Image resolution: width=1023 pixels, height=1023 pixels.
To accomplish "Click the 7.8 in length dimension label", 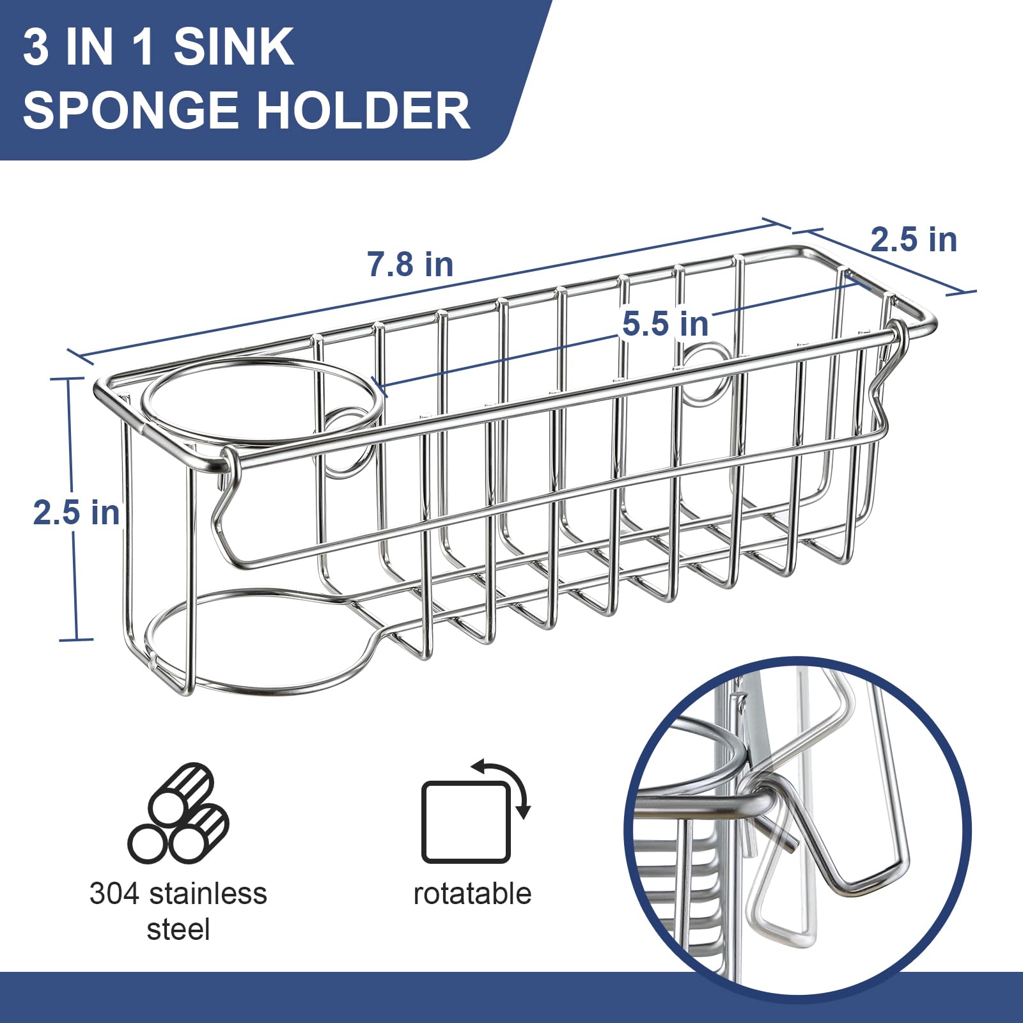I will pos(410,264).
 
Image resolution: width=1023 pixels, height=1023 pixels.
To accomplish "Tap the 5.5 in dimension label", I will pos(666,324).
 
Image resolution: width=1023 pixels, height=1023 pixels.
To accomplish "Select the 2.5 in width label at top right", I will pos(914,240).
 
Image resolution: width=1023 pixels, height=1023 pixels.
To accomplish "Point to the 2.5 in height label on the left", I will pos(76,513).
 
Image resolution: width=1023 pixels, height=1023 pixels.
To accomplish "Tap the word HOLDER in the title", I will pos(363,111).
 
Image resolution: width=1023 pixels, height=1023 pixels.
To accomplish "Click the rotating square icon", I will pos(465,822).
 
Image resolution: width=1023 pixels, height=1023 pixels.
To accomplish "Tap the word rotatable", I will pos(472,894).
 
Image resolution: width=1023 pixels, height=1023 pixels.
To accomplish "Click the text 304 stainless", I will pos(178,894).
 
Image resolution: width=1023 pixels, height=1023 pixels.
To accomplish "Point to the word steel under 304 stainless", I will pos(178,929).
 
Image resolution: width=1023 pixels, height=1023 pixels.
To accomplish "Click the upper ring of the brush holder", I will pos(262,400).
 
